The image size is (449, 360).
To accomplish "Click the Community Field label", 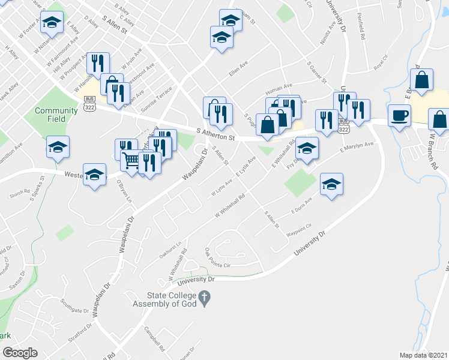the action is pyautogui.click(x=56, y=115).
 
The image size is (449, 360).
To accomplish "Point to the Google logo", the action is pyautogui.click(x=20, y=353).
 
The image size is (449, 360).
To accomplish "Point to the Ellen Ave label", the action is pyautogui.click(x=238, y=71).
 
